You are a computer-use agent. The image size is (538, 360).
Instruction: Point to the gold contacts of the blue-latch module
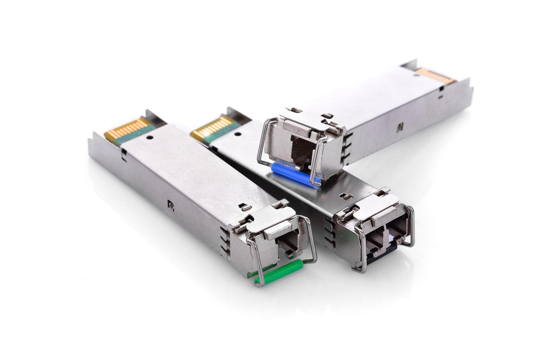coord(435,76)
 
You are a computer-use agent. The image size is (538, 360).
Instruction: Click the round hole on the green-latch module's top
coord(150,137)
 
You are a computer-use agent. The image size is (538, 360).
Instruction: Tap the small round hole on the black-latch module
coord(238,134)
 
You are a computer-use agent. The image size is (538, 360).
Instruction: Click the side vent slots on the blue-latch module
coord(348,145)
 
